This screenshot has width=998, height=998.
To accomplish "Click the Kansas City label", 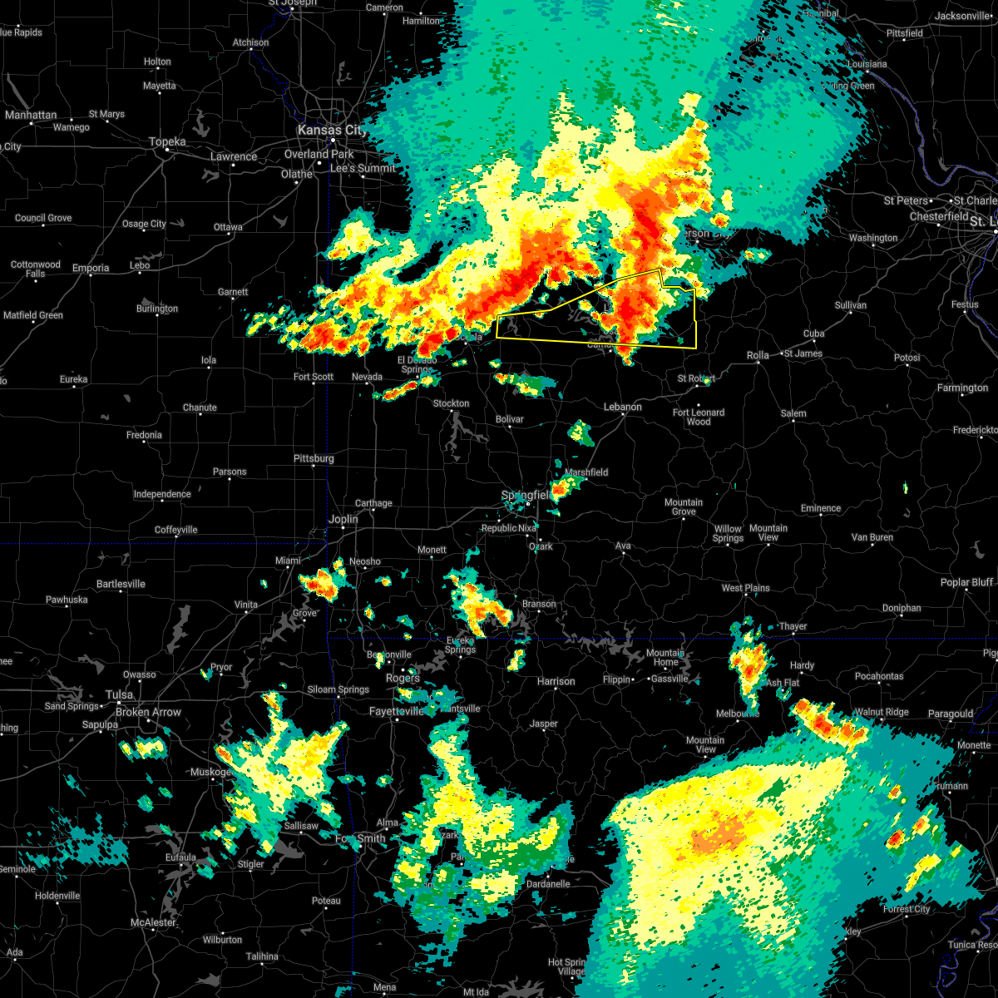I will click(332, 131).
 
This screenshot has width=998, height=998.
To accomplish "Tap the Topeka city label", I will click(167, 142).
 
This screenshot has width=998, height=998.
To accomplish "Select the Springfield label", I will click(526, 496).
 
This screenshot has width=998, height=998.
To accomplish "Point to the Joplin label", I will click(343, 519).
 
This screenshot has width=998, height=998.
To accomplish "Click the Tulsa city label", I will click(119, 695).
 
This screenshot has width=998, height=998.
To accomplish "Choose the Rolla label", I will click(757, 355).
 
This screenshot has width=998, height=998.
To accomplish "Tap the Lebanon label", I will click(623, 407).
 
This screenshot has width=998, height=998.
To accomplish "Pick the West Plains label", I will click(745, 588).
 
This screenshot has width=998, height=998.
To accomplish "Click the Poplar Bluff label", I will click(966, 582).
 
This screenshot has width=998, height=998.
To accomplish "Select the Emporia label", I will click(91, 268).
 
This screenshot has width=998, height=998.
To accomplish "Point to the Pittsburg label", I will click(314, 458).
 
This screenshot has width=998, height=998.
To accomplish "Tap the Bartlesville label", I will click(121, 584).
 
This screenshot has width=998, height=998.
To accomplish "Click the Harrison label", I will click(556, 681).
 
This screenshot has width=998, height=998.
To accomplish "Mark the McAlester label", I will click(153, 922).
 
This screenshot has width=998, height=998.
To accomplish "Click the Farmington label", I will click(963, 388).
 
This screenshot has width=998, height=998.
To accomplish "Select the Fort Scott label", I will click(314, 377).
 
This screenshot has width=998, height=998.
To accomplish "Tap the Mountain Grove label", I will click(684, 506).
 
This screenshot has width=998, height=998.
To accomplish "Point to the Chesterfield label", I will click(938, 216).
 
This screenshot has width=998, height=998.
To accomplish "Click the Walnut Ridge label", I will click(881, 712).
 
